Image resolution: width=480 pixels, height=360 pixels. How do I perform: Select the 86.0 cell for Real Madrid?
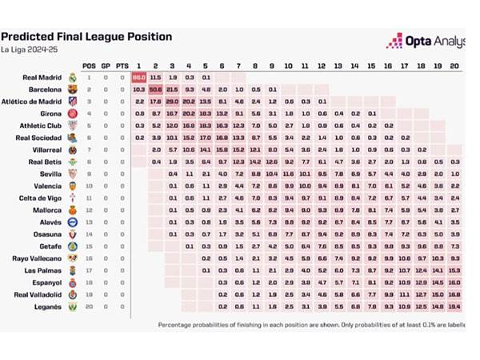coord(138,78)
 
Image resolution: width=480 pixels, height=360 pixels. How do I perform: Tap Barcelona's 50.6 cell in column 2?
coord(155,90)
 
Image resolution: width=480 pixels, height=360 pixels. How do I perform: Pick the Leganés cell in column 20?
coord(455,306)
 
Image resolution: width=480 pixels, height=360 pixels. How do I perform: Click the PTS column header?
coord(122,65)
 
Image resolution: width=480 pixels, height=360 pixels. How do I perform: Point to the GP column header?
coord(106,65)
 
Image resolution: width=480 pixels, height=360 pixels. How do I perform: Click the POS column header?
coord(89,65)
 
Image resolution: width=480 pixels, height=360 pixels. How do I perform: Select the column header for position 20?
coord(455,65)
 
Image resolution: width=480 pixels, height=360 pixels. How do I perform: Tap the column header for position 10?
coord(289,65)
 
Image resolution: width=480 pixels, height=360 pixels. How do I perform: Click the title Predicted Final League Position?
coord(87,36)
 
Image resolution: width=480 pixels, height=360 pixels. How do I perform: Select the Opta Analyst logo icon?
coord(394,40)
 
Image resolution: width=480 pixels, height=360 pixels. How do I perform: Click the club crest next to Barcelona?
coord(71,90)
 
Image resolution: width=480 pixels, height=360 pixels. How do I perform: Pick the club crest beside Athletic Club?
coord(71,126)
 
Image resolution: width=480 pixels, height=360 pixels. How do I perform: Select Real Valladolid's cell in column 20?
coord(455,294)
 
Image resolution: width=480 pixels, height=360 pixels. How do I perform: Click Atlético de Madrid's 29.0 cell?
coord(172,102)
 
